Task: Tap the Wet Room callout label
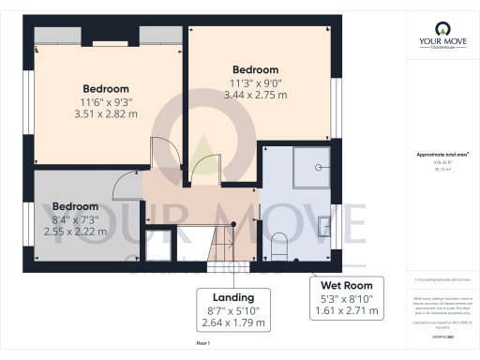coord(346,285)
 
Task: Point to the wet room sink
coord(324,224)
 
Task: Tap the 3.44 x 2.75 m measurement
coord(255,97)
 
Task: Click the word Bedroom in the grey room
coord(75,206)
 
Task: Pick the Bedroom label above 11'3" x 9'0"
coord(255,69)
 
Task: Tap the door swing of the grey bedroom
coord(126,186)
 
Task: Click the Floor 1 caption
coord(202,344)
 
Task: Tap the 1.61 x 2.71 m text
coord(346,310)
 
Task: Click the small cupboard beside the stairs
coord(157,243)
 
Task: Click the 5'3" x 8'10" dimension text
coord(346,298)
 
